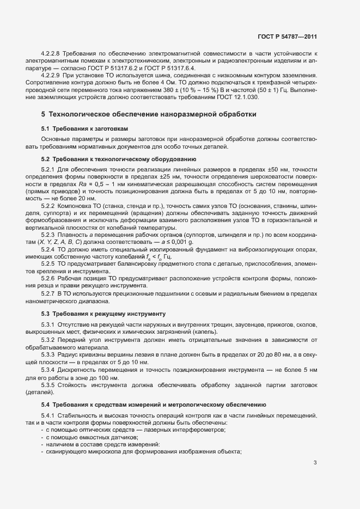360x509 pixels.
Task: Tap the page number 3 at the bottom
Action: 315,463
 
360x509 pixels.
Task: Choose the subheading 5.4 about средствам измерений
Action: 153,404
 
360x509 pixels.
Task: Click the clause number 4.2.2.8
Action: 51,55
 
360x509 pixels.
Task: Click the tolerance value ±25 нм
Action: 152,176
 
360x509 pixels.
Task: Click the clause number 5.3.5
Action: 48,385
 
